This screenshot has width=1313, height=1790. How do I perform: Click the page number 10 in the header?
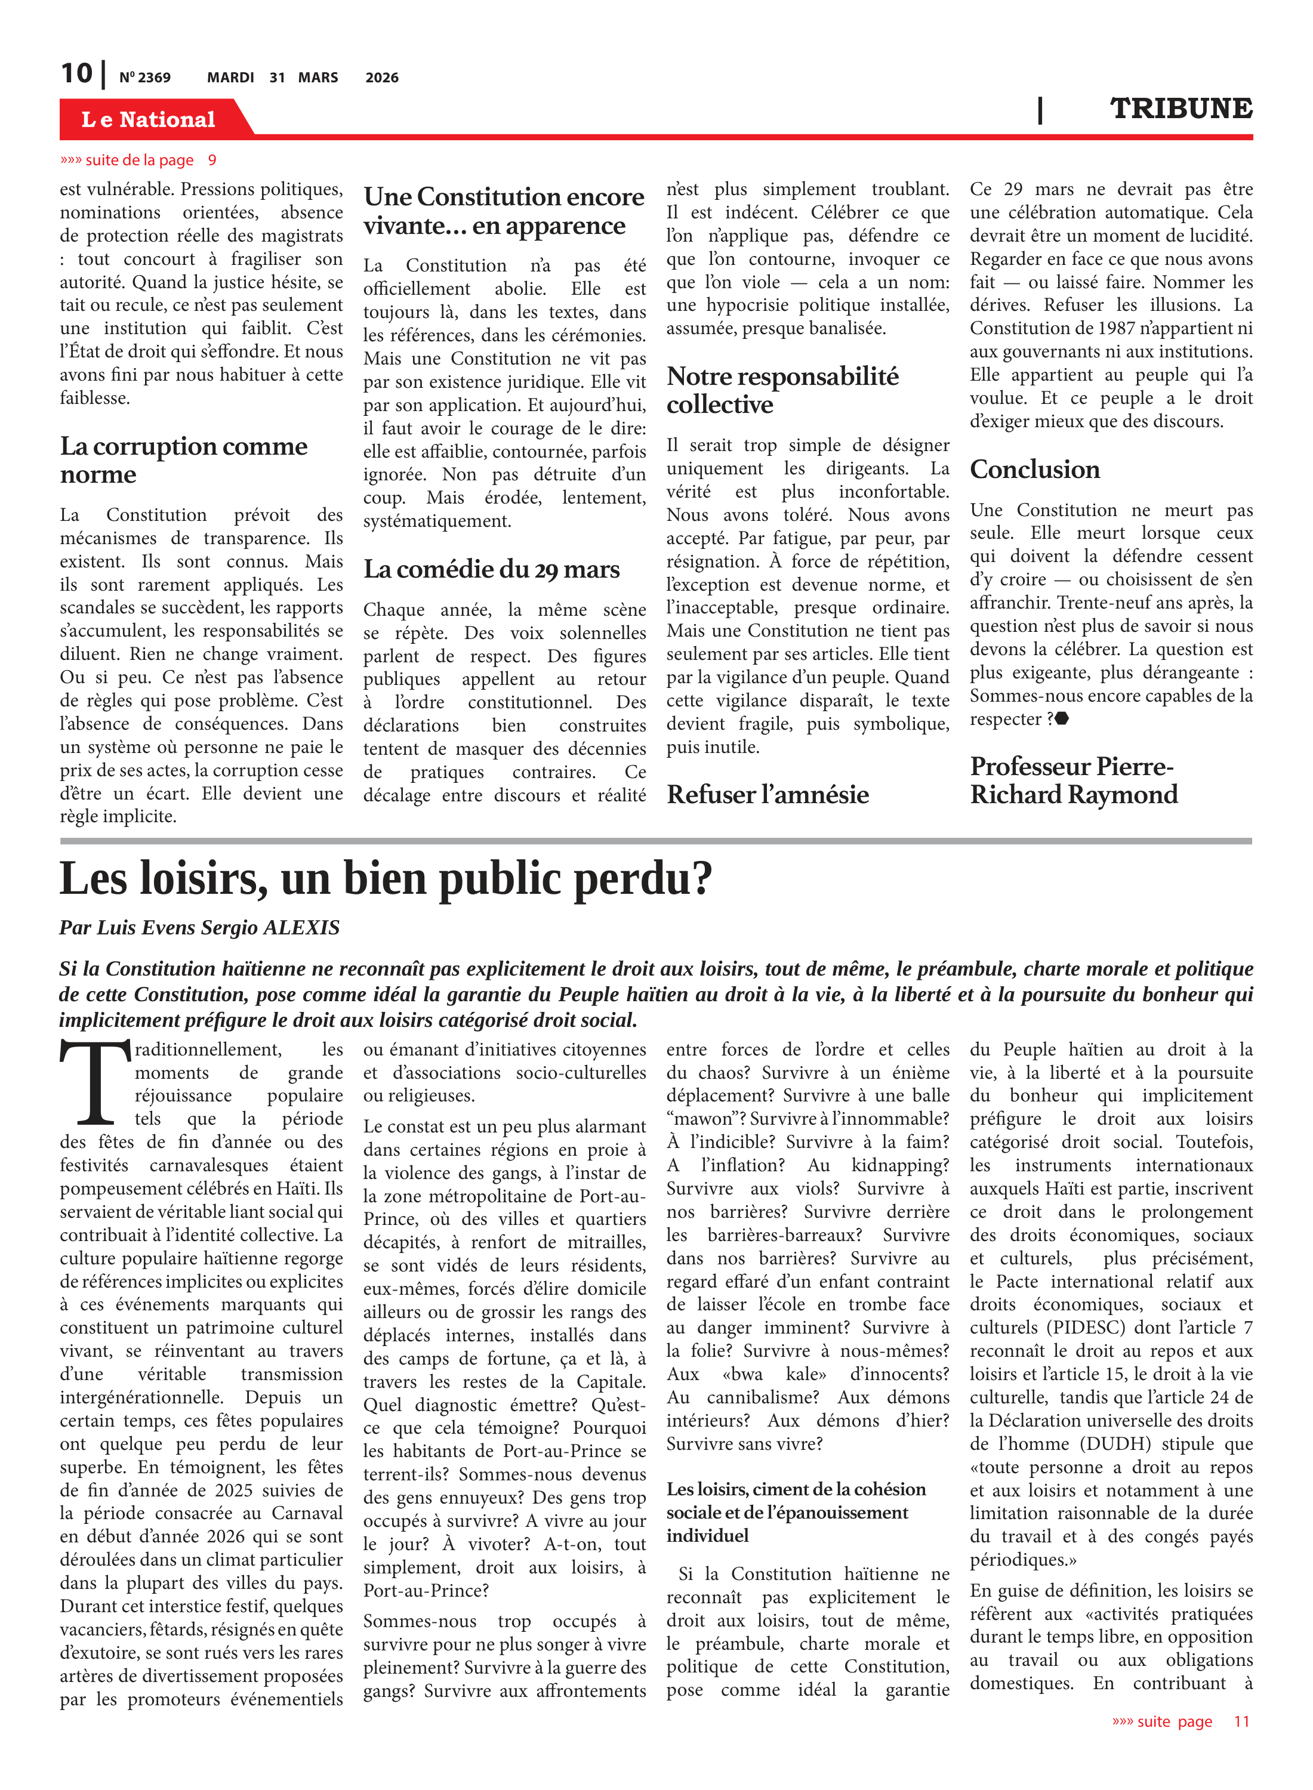[76, 74]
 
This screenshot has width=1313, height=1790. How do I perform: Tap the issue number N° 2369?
[144, 78]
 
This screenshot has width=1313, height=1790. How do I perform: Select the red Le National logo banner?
[149, 119]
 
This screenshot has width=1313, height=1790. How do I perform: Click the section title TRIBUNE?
[1181, 109]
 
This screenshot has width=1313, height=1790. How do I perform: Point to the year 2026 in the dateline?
[381, 78]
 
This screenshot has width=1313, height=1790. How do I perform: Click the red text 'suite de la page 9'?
[139, 161]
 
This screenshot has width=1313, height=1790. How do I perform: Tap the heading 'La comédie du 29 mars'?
[491, 570]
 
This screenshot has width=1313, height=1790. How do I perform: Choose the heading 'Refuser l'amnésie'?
[767, 795]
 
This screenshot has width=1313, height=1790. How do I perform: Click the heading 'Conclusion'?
[1034, 470]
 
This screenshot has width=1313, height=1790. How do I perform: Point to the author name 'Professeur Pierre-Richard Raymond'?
[1073, 780]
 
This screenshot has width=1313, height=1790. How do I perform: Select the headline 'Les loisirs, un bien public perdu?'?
[386, 879]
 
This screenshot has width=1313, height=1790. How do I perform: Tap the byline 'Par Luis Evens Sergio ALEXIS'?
[199, 927]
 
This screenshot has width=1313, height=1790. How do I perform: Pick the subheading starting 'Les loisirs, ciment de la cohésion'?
[796, 1512]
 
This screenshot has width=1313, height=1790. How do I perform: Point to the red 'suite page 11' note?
[1181, 1721]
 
